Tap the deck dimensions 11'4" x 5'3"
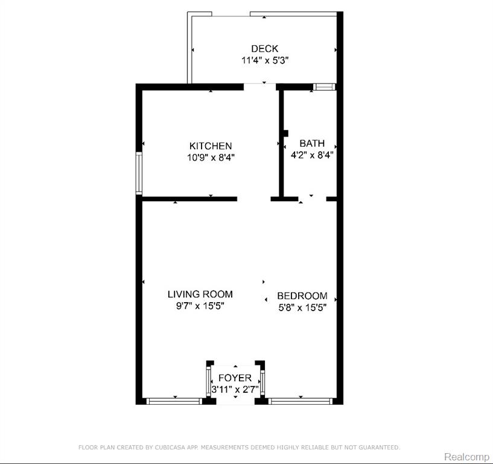click(265, 60)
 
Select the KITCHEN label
click(211, 146)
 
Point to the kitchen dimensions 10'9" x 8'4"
click(211, 157)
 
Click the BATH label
click(312, 144)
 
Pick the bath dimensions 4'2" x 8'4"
click(312, 155)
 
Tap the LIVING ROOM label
click(200, 294)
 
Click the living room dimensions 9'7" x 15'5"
click(200, 306)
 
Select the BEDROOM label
click(302, 296)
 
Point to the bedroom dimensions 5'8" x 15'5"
click(302, 308)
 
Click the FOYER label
click(235, 378)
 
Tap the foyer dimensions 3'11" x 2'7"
click(235, 390)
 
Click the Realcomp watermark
click(466, 457)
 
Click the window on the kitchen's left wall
click(139, 173)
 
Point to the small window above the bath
click(324, 87)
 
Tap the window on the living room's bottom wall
click(174, 401)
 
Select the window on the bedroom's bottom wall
click(301, 401)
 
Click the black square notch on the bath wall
click(286, 134)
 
